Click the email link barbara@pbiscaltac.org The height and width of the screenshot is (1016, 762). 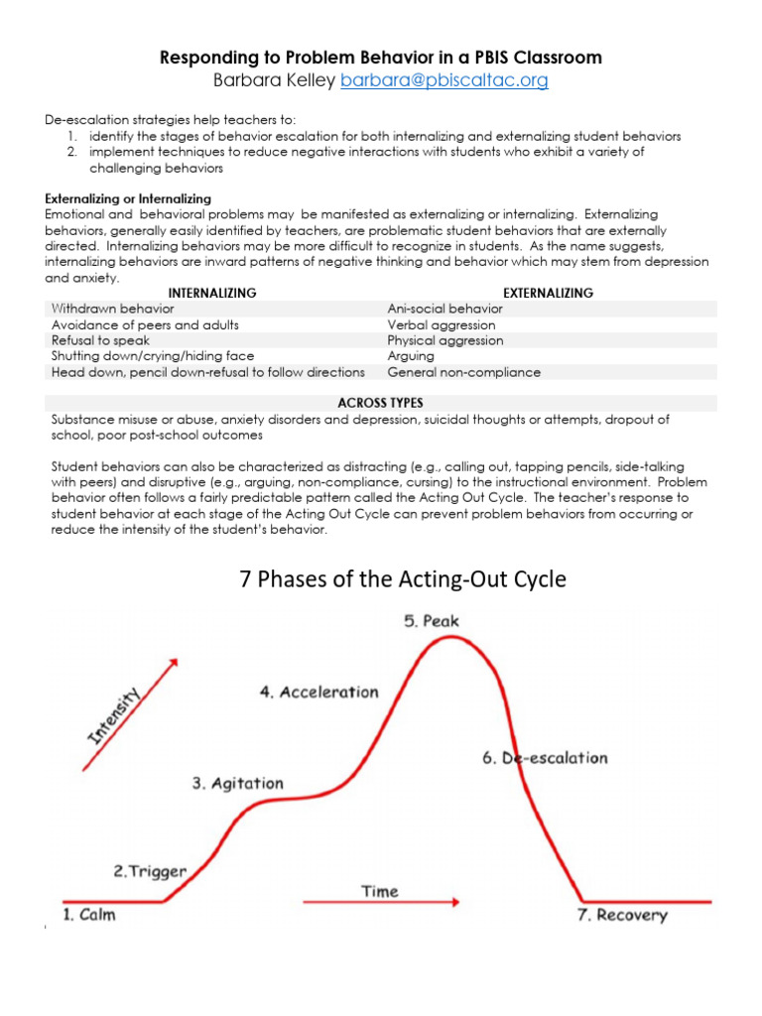coord(444,81)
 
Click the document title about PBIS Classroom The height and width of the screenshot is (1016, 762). coord(381,58)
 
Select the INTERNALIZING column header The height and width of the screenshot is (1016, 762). coord(212,293)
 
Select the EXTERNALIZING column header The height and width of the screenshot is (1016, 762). coord(549,293)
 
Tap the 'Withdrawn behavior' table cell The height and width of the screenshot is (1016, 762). coord(112,309)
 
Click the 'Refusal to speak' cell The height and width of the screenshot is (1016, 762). coord(101,340)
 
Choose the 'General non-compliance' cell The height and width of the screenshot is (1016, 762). coord(463,372)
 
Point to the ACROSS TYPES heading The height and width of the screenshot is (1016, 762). coord(380,403)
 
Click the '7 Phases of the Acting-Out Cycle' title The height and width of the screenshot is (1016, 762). coord(403,579)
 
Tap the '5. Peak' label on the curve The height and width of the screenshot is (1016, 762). coord(432,621)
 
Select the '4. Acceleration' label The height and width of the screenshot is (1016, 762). coord(318,692)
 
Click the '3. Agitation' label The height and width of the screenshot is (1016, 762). coord(237,783)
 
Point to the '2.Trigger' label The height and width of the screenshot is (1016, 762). coord(150,871)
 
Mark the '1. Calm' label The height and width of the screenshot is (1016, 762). coord(89,914)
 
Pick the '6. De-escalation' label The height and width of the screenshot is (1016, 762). coord(545,757)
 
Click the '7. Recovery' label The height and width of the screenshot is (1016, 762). coord(622,915)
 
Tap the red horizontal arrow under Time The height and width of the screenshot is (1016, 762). coord(380,902)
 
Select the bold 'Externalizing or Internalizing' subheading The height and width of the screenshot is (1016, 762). coord(128,198)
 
